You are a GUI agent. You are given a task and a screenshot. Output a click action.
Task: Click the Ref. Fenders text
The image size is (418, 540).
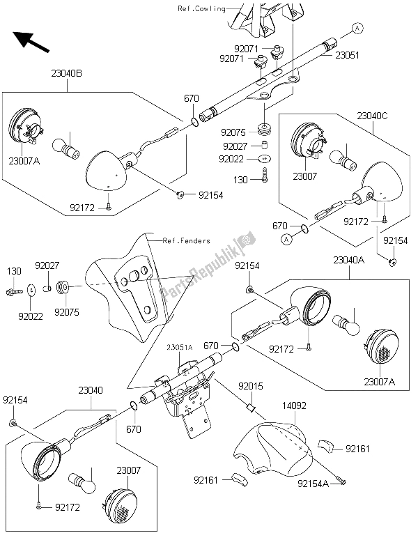coord(187,241)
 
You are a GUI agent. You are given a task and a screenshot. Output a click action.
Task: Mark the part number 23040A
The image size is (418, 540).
coord(351,259)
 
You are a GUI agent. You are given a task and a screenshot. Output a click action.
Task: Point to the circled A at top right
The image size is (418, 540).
coord(357,28)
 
